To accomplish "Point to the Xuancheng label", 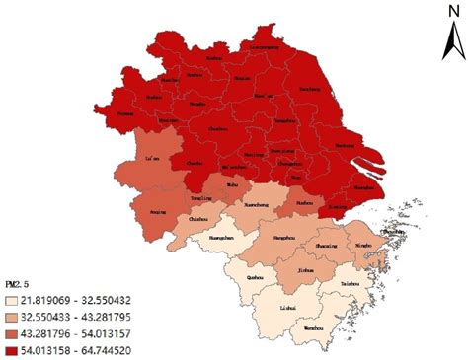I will coord(257,206).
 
